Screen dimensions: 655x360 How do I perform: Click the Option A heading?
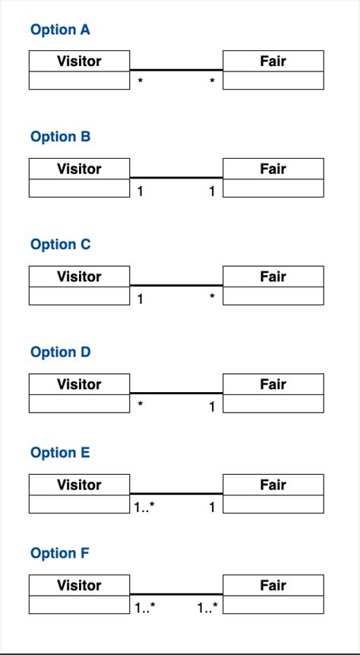click(60, 30)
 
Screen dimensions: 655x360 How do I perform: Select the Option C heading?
click(60, 245)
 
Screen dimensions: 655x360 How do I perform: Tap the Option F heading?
click(60, 553)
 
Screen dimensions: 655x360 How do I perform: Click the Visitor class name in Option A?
click(79, 61)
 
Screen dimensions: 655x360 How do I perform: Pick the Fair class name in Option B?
click(273, 169)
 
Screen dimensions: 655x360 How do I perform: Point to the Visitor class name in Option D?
click(79, 384)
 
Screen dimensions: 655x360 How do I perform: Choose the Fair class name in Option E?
click(273, 485)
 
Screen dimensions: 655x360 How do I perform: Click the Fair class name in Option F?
click(273, 585)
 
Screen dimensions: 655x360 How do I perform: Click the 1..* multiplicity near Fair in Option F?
click(207, 608)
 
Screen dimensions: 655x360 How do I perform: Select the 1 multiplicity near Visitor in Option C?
click(140, 299)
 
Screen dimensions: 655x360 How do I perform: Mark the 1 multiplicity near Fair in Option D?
click(213, 407)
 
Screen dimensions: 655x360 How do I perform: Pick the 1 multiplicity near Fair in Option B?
click(213, 191)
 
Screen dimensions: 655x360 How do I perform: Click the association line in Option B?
click(176, 177)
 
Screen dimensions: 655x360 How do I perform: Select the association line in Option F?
click(176, 593)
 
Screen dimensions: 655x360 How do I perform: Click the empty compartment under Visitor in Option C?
click(79, 296)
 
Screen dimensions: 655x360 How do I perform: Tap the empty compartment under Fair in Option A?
click(273, 81)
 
